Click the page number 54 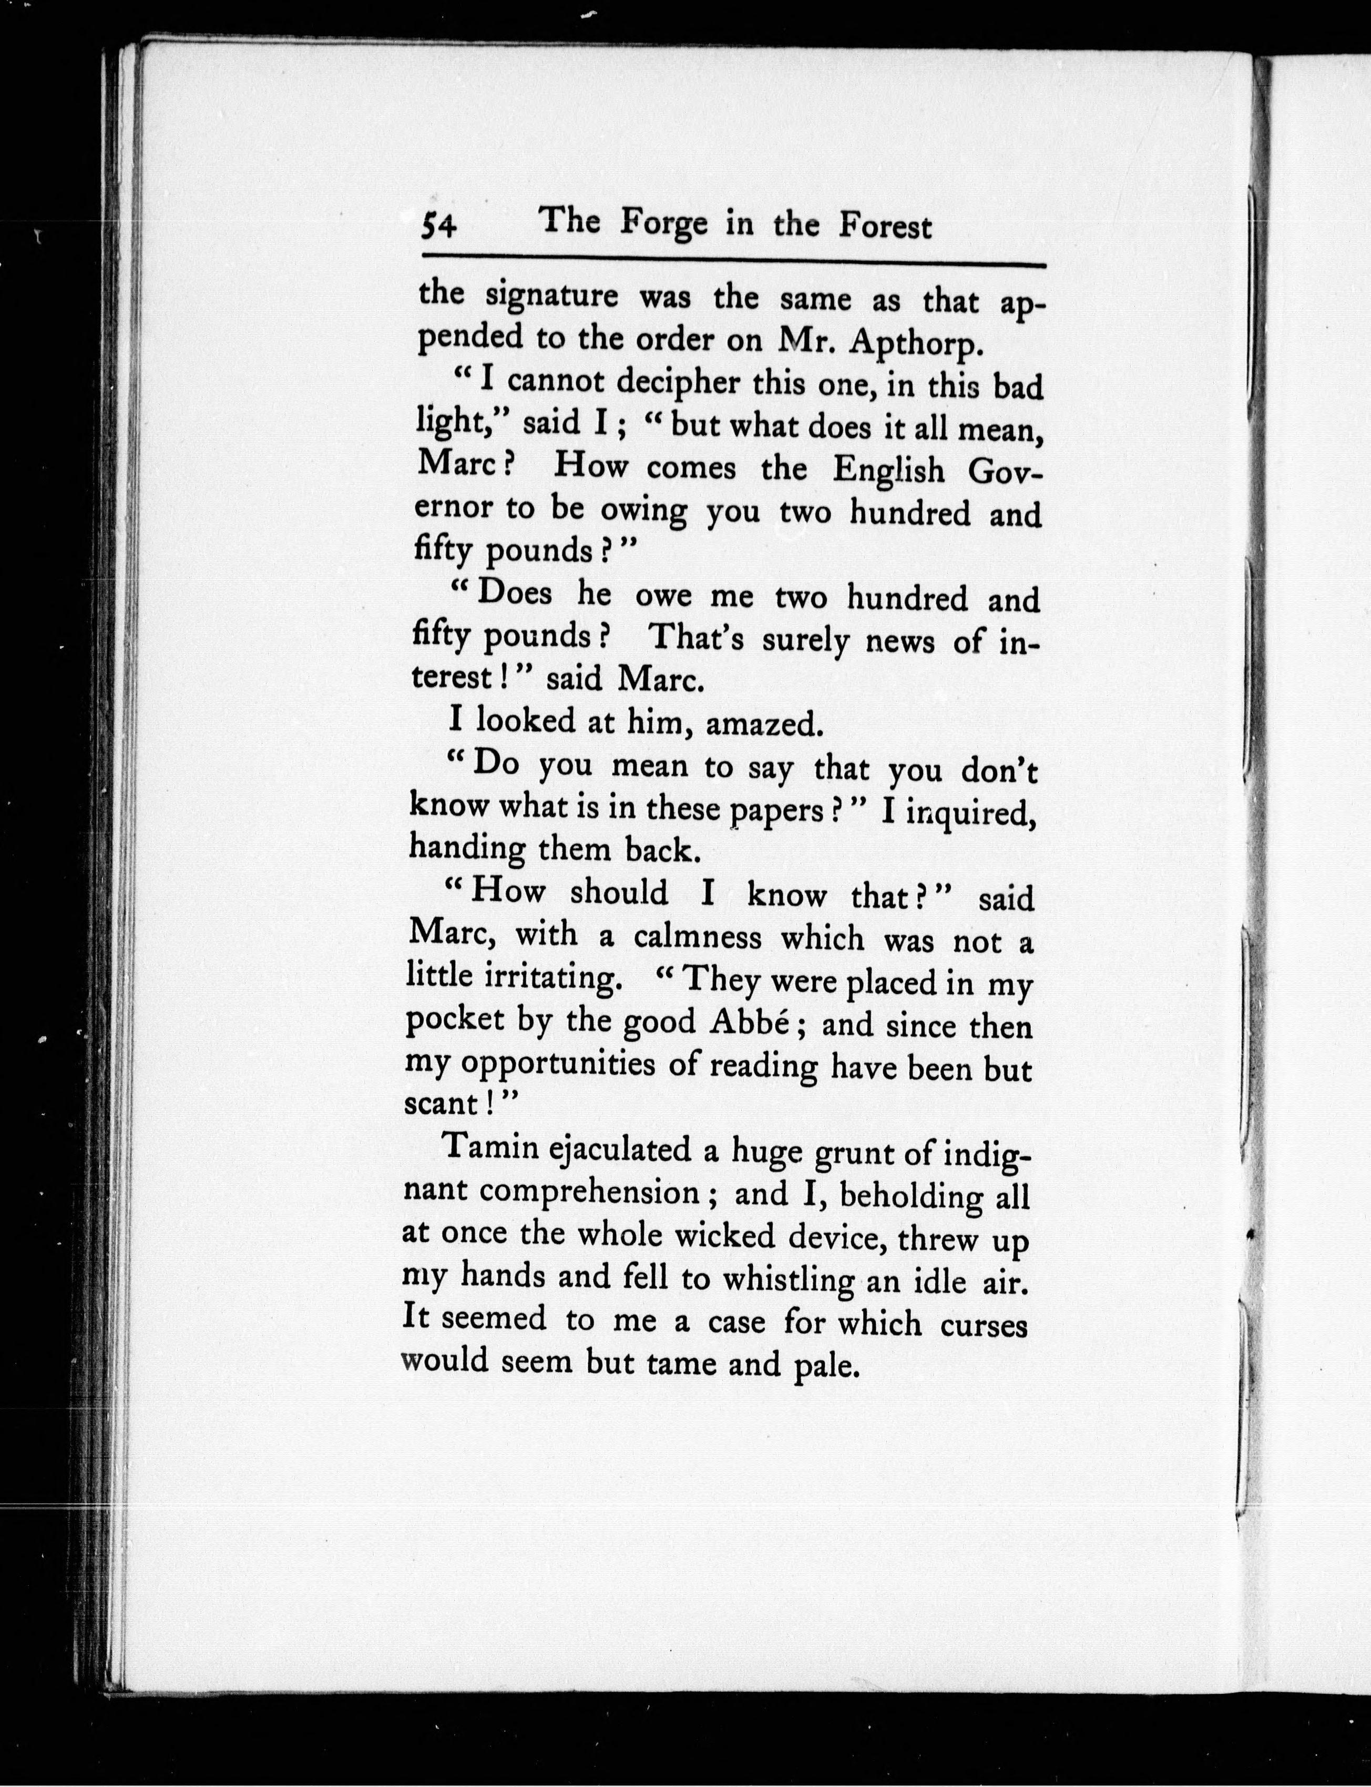[439, 228]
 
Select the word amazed [762, 724]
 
